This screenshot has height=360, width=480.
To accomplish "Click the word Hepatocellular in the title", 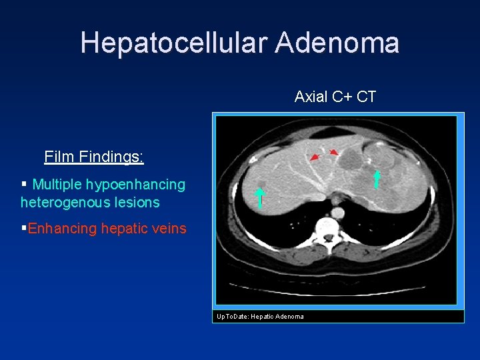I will click(174, 43).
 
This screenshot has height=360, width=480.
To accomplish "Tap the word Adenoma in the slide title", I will click(337, 43).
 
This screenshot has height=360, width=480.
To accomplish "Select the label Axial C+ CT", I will click(335, 97).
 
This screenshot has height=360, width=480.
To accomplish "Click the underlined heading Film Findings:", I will click(94, 157).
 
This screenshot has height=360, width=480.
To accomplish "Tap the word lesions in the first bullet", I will click(137, 202).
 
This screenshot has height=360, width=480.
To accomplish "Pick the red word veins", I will click(169, 229).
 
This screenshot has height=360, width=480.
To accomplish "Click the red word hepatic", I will click(122, 229).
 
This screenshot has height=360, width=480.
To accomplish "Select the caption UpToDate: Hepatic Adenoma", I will click(260, 316).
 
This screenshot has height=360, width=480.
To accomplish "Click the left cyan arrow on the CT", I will click(259, 198).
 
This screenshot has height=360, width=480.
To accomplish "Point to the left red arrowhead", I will click(314, 157).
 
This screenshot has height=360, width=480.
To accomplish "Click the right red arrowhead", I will click(334, 153).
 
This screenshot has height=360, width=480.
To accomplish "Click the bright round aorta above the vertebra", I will click(337, 213).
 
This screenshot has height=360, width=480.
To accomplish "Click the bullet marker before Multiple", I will click(24, 183).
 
